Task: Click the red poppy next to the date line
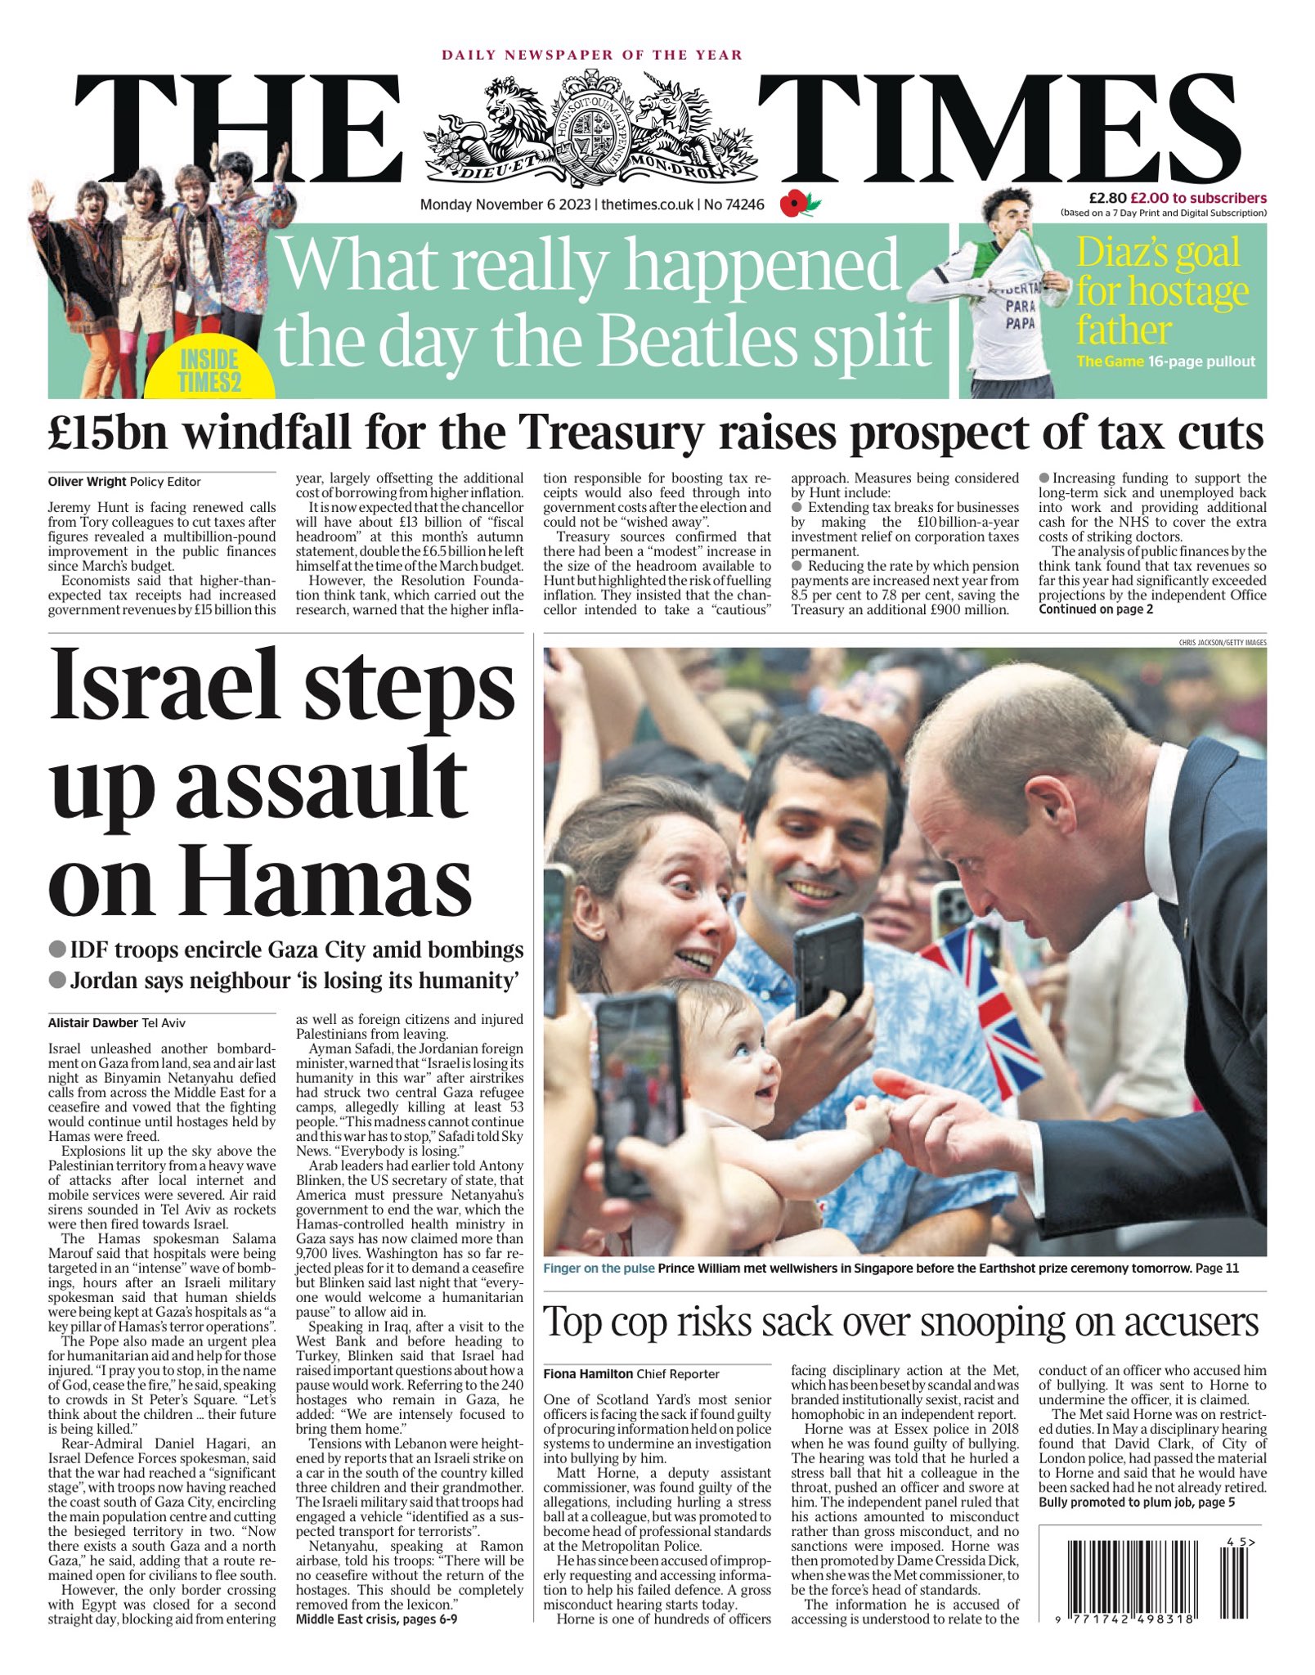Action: click(x=793, y=204)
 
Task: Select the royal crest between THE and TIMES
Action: click(x=590, y=129)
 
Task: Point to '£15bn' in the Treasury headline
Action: click(x=107, y=433)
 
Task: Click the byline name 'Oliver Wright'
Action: click(x=87, y=482)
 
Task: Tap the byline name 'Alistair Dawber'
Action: click(x=93, y=1022)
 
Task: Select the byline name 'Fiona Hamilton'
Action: click(x=588, y=1374)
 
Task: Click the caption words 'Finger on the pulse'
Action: click(x=599, y=1269)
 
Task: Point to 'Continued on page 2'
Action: click(x=1096, y=609)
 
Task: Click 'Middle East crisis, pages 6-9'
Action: click(x=376, y=1619)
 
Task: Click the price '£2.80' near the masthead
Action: click(x=1107, y=198)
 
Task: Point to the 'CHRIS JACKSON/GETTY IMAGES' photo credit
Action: click(x=1222, y=643)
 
